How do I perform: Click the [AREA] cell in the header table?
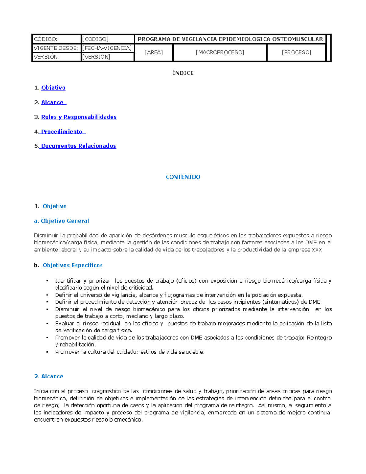coord(153,52)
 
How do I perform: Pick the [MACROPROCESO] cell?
coord(220,52)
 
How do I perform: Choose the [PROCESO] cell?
coord(296,52)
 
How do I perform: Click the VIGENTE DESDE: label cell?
coord(56,48)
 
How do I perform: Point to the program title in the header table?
coord(230,39)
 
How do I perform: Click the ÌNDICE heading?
coord(183,73)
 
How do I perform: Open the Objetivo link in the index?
coord(53,88)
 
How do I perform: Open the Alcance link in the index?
coord(52,103)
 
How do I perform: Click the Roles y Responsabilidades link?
coord(79,117)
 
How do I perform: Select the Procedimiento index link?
coord(62,132)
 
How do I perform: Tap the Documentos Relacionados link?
coord(79,146)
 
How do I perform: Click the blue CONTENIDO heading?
coord(183,177)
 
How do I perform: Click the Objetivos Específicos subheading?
coord(73,265)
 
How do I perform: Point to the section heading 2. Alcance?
coord(49,377)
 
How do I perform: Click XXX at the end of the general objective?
coord(317,250)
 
